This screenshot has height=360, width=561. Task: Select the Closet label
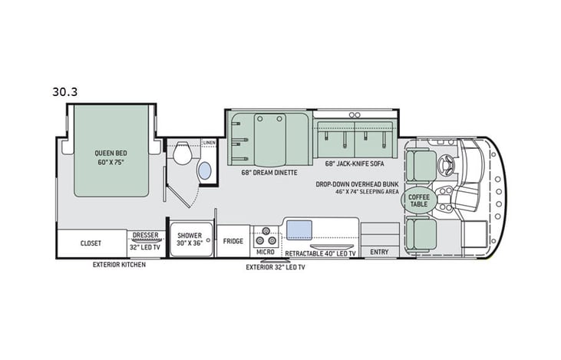[x=91, y=243]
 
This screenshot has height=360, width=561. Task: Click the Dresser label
[x=145, y=236]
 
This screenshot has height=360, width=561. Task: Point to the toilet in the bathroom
[x=181, y=156]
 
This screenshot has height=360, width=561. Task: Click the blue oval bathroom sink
[x=205, y=171]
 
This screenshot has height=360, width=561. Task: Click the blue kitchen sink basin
[x=299, y=229]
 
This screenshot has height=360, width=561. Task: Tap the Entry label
[x=379, y=252]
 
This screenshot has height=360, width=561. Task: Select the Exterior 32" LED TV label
[x=275, y=267]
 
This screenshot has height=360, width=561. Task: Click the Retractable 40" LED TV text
[x=320, y=252]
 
